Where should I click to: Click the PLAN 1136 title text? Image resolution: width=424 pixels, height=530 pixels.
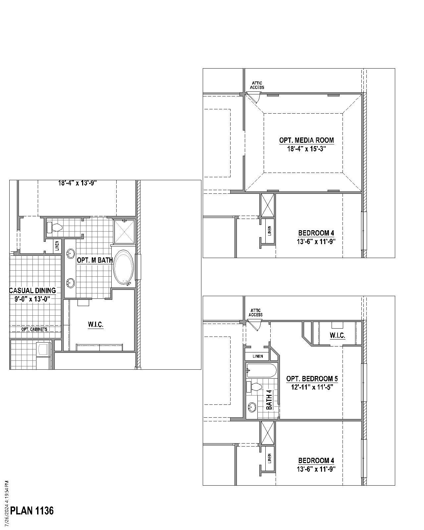(32, 511)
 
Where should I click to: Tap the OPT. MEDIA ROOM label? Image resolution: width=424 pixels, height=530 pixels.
(306, 140)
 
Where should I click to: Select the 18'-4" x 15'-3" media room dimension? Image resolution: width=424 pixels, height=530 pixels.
(306, 149)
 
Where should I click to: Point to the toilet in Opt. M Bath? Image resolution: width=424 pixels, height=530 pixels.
(55, 228)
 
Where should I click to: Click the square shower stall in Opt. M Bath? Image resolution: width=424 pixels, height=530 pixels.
(124, 232)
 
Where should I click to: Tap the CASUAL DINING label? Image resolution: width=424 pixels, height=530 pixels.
(32, 291)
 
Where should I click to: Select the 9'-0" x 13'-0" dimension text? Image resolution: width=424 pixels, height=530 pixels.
(32, 299)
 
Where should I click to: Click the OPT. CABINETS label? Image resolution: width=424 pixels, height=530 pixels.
(34, 329)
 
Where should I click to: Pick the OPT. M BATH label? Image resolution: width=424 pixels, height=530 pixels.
(95, 260)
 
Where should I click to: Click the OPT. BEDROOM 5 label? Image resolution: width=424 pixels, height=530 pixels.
(312, 379)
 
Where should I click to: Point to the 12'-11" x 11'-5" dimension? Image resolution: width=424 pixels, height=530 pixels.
(312, 387)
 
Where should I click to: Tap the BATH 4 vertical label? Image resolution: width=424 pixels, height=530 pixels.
(269, 399)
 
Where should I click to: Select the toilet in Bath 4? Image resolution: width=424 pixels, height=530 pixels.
(254, 387)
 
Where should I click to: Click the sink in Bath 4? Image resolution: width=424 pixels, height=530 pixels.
(252, 407)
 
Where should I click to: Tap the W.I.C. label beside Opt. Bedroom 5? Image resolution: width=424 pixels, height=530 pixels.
(337, 336)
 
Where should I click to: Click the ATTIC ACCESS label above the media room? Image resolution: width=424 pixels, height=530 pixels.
(257, 85)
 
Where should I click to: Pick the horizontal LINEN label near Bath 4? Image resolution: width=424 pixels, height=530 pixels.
(258, 356)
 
